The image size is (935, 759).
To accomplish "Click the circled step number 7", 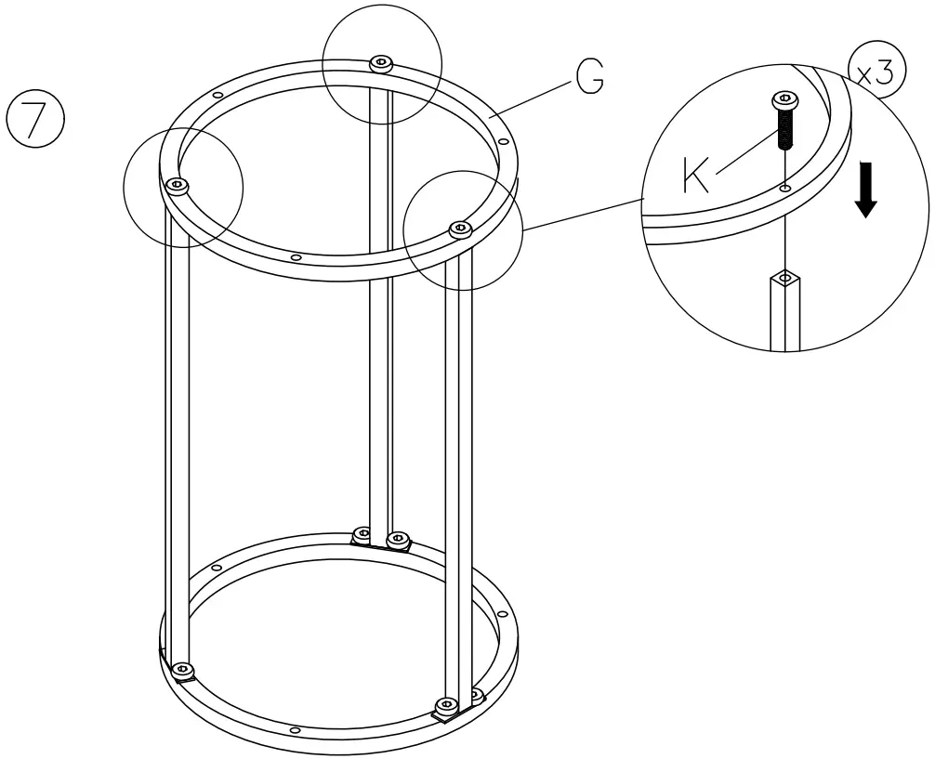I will [x=34, y=118].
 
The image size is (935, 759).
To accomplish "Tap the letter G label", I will [x=589, y=78].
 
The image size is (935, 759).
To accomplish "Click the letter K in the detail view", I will [x=696, y=175].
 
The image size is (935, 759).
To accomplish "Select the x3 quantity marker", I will [x=876, y=73].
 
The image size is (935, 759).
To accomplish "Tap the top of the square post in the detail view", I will [x=786, y=278].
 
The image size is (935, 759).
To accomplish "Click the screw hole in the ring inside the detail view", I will [x=786, y=189].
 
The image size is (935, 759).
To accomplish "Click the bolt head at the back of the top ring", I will [x=381, y=63].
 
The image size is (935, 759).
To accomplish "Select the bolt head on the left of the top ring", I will [x=177, y=186].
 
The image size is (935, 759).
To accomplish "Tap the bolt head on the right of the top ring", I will [x=457, y=228].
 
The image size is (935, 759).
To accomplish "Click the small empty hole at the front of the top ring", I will [x=296, y=257].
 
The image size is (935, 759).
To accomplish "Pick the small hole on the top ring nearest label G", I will [x=503, y=141].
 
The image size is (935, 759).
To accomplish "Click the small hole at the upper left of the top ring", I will [x=217, y=95].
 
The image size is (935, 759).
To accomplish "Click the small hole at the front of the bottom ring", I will [x=296, y=730].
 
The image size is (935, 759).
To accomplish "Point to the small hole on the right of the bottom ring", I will [x=503, y=614].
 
